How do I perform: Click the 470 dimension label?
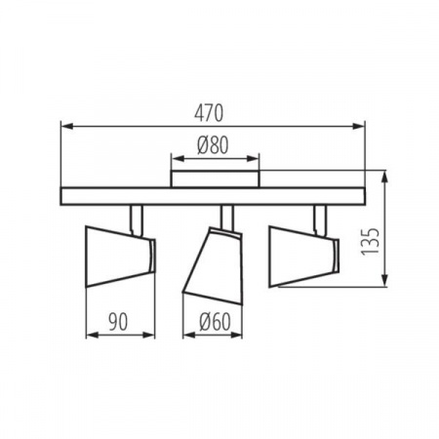pos(209,113)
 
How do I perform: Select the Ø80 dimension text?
pos(213,145)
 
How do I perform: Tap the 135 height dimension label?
pos(371,242)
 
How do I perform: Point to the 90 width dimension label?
pos(118,322)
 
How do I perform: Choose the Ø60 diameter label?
pos(215,322)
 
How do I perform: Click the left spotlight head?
pos(120,257)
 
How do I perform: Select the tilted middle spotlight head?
pos(214,265)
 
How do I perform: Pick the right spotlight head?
pos(303,257)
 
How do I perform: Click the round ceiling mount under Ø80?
pos(216,179)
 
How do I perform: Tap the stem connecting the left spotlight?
pos(136,219)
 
